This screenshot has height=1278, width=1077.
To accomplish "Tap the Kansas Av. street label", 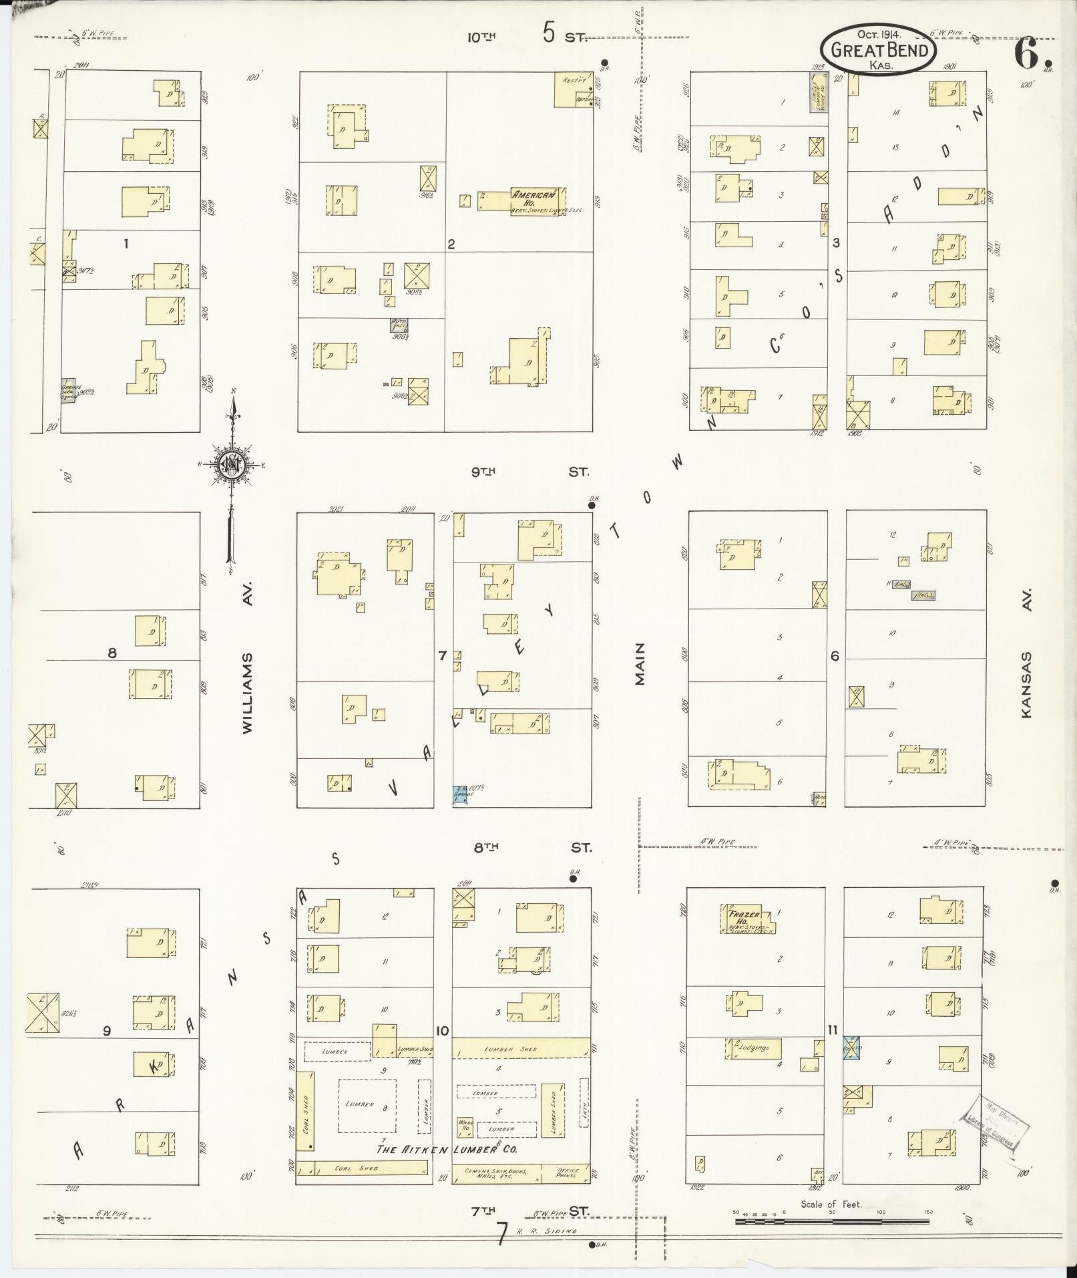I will click(x=1026, y=653).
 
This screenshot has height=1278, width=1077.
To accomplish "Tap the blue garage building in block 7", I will click(x=460, y=794).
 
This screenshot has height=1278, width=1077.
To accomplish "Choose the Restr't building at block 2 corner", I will click(x=574, y=90).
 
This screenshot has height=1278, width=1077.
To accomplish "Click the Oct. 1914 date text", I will click(x=879, y=33).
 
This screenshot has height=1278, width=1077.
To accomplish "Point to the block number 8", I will click(x=112, y=653).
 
